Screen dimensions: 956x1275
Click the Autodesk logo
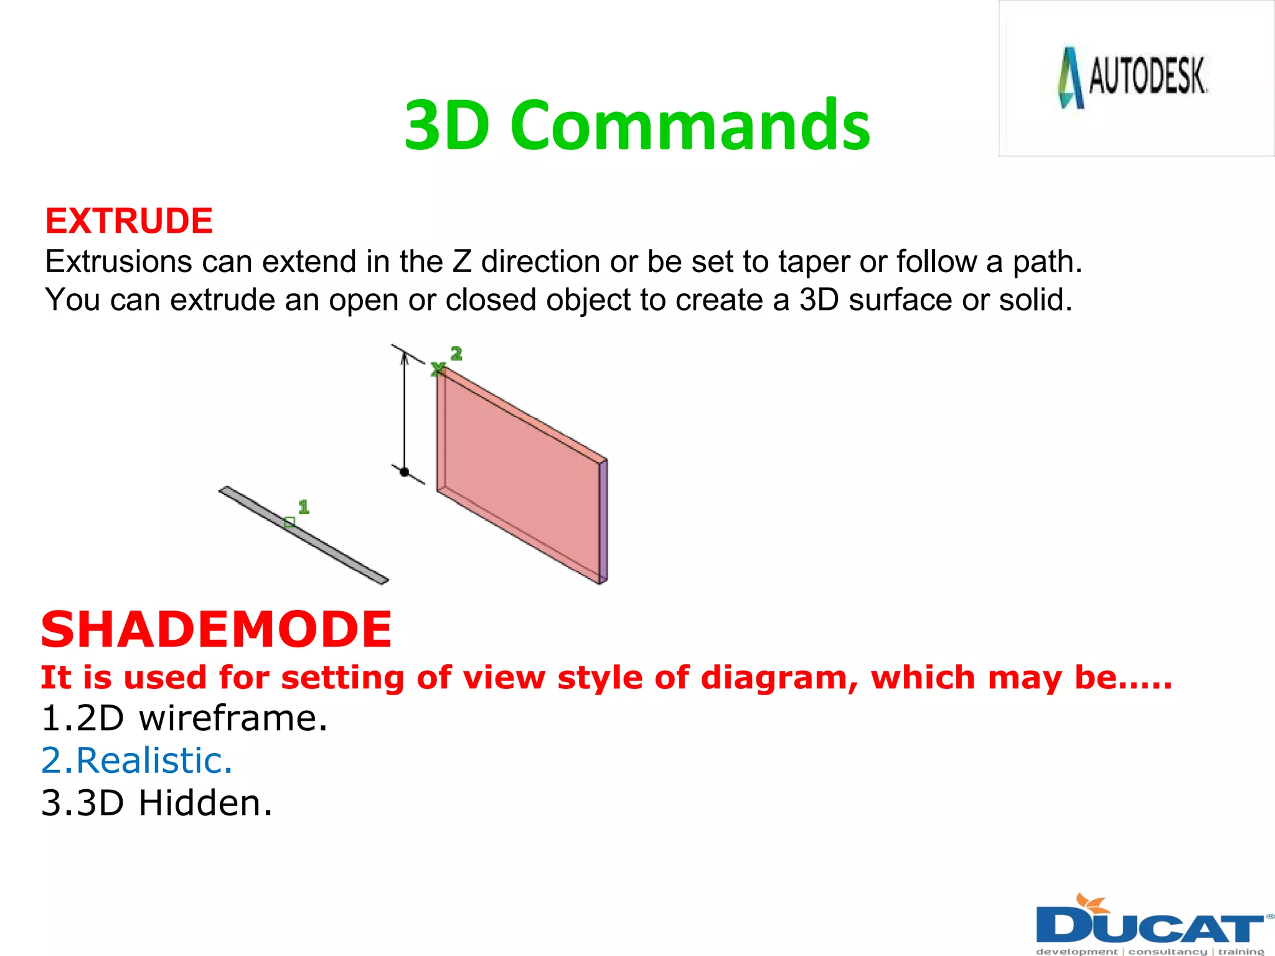tap(1133, 78)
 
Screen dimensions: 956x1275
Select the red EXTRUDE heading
tap(129, 221)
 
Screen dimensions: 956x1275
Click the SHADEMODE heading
tap(216, 629)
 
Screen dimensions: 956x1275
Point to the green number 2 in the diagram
tap(456, 354)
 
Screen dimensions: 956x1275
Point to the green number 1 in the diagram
tap(303, 507)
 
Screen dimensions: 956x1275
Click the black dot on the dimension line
tap(404, 472)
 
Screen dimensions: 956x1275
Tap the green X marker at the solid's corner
tap(438, 369)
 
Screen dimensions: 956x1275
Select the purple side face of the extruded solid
tap(603, 522)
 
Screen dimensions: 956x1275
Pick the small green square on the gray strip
tap(289, 522)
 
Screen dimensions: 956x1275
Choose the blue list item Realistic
tap(137, 761)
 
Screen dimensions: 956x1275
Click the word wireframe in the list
tap(232, 718)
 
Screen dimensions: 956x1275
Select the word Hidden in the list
tap(205, 803)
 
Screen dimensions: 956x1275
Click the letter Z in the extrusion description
tap(462, 261)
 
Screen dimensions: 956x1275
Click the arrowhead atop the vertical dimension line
tap(404, 357)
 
